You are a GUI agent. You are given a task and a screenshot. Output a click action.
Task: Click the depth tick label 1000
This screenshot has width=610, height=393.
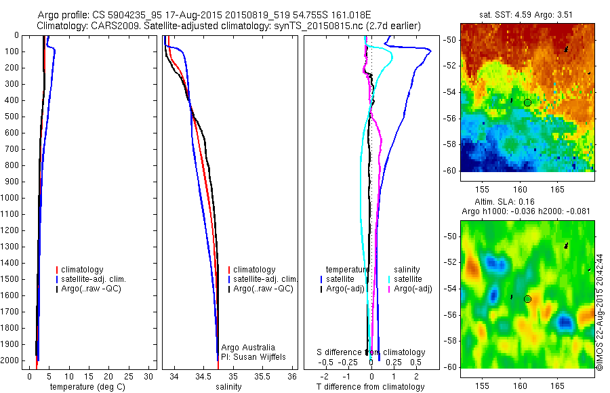point(12,198)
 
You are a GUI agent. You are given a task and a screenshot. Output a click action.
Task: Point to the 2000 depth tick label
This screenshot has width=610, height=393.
point(12,361)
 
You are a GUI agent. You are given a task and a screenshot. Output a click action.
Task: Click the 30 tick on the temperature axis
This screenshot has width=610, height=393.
point(150,375)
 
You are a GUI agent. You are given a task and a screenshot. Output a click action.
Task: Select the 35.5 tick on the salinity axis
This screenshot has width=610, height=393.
point(263,375)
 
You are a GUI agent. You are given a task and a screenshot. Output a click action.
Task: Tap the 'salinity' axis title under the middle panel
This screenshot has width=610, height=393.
point(229,387)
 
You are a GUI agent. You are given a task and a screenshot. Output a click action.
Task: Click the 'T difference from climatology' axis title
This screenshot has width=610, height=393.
point(370,387)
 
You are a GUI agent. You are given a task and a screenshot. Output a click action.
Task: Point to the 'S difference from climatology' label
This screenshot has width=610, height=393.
point(371,352)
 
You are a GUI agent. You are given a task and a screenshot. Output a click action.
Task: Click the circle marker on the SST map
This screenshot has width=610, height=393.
point(527,102)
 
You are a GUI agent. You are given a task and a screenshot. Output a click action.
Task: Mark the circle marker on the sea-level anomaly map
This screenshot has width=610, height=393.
point(527,299)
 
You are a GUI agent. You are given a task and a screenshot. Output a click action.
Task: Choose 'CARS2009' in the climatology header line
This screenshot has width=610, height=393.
point(110,26)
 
